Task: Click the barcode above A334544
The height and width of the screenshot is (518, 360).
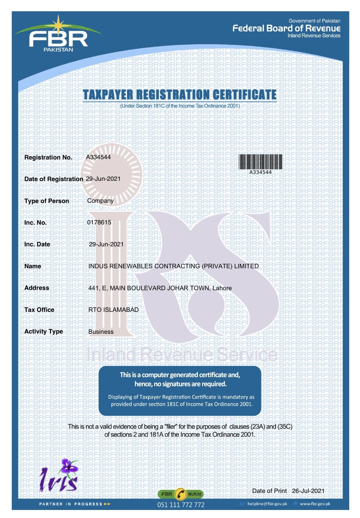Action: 260,161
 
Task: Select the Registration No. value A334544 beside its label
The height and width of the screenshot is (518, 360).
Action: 98,157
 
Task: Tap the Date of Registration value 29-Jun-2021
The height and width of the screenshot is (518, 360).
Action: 103,179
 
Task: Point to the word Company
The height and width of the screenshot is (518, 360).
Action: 100,201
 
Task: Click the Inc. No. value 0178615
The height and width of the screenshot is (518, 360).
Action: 99,222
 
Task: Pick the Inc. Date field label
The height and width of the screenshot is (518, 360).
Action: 37,244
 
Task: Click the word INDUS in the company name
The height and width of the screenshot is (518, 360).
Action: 98,266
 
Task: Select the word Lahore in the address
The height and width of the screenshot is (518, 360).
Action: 222,288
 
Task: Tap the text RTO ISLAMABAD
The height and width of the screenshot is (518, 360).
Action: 113,310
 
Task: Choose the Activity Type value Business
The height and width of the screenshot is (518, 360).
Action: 101,332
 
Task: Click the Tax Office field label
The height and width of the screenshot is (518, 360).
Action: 39,310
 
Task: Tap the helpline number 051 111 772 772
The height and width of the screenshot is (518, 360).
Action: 181,505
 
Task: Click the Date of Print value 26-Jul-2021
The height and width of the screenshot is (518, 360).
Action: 308,491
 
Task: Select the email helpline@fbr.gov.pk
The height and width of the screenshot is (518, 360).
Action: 267,504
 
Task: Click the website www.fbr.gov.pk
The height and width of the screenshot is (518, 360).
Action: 315,504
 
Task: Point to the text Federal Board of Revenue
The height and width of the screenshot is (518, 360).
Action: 286,28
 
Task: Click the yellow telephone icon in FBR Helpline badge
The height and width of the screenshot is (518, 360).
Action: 181,494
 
